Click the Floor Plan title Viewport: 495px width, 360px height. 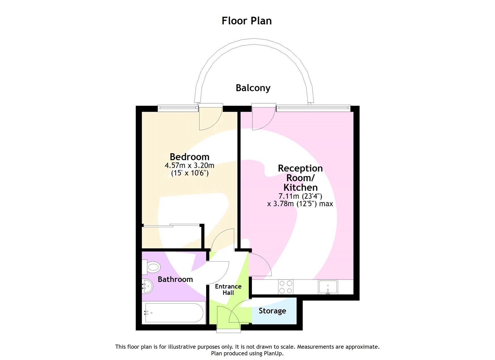[x=247, y=21]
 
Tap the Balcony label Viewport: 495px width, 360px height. [x=253, y=88]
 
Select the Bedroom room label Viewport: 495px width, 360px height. [x=189, y=157]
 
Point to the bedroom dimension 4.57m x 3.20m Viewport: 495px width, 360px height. [x=189, y=165]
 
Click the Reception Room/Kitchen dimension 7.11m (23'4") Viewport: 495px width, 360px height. [x=300, y=196]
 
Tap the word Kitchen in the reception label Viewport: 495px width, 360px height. [x=300, y=187]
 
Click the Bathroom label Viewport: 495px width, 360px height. [x=175, y=279]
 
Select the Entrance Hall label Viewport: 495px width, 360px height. [x=228, y=289]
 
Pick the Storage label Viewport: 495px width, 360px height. [x=272, y=311]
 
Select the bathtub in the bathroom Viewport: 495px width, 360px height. [x=174, y=313]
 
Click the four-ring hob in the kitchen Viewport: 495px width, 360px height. [x=286, y=287]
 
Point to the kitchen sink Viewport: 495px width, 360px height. [x=328, y=287]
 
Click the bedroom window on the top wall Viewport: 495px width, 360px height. [x=178, y=108]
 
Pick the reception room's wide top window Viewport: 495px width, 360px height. [x=313, y=108]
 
